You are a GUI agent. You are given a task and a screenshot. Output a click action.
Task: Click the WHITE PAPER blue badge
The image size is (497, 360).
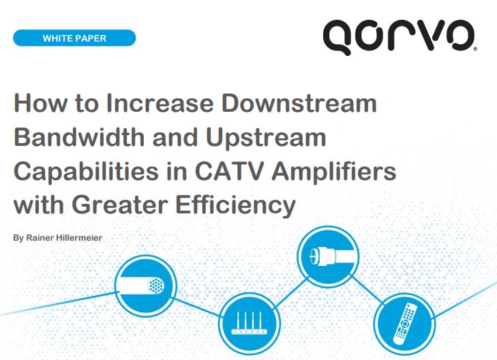pyautogui.click(x=74, y=38)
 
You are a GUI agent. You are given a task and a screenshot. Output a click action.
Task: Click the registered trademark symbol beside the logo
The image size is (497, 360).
pyautogui.click(x=475, y=50)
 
